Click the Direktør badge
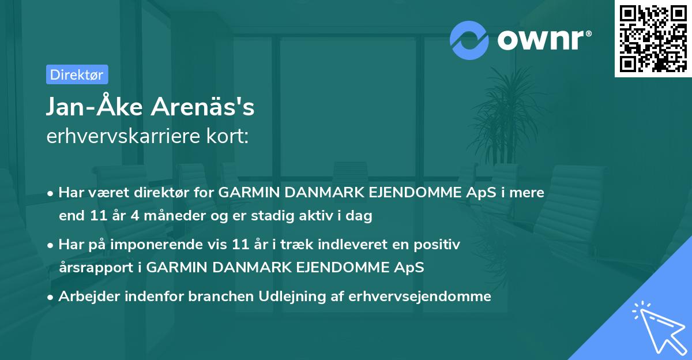pyautogui.click(x=77, y=74)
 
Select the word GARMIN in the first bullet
pyautogui.click(x=244, y=193)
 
